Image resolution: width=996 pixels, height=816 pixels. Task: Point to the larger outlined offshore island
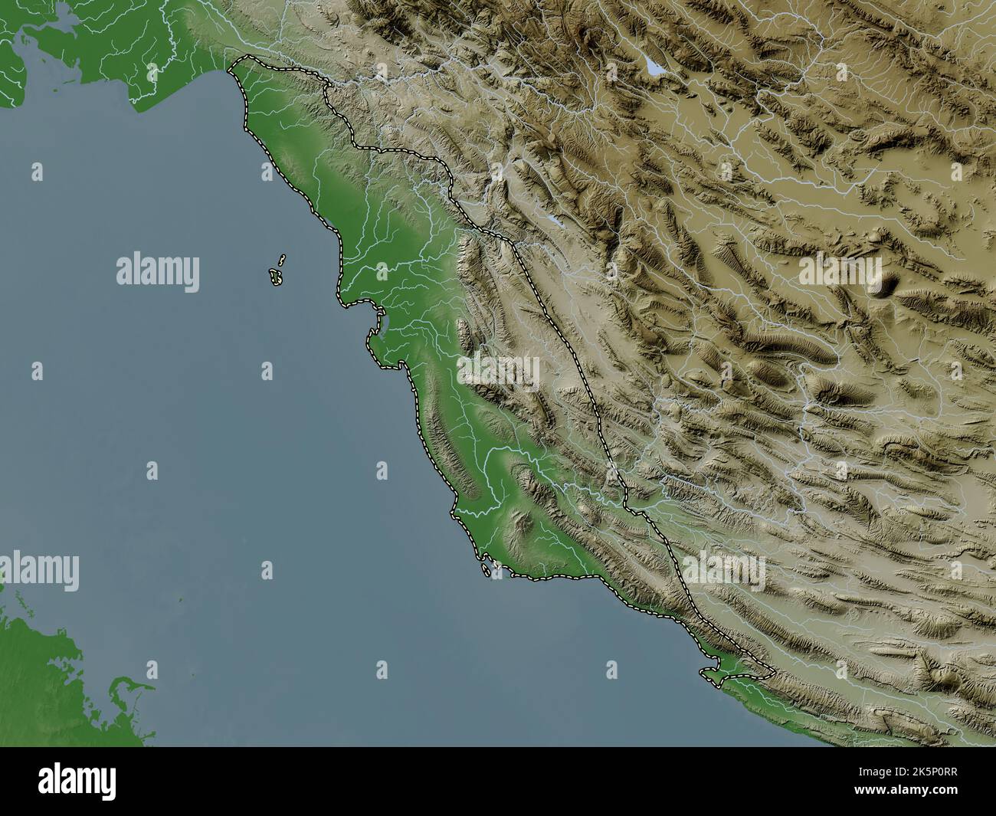276,277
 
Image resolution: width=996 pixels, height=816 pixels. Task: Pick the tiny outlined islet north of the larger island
282,260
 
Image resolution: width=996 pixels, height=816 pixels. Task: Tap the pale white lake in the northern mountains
656,68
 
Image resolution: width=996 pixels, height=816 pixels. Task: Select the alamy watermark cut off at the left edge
38,571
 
